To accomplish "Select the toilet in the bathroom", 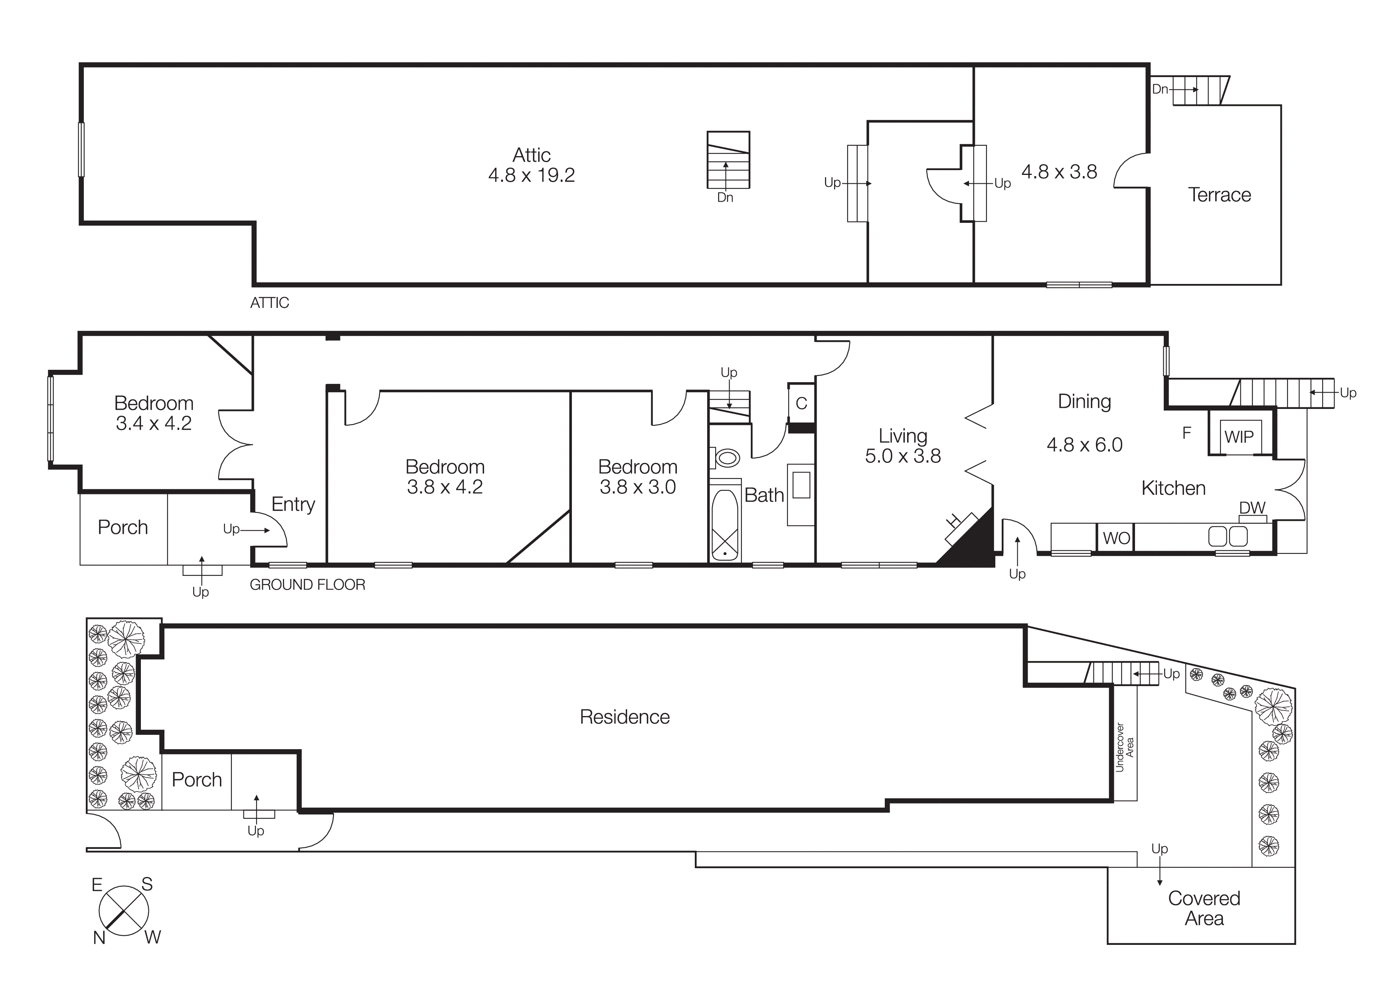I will [x=726, y=458].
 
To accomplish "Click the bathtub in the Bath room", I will [x=725, y=525].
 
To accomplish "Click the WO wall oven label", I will [x=1116, y=538].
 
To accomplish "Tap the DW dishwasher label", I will [x=1252, y=508].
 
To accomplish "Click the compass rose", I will [x=124, y=911].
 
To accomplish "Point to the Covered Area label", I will [x=1204, y=908].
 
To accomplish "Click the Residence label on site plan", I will [x=625, y=717].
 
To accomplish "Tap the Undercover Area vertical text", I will [x=1124, y=747].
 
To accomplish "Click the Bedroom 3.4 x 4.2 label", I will [x=154, y=413].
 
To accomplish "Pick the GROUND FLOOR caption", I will [x=307, y=584].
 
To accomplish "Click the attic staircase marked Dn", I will [x=728, y=160].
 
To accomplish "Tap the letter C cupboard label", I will [x=801, y=403].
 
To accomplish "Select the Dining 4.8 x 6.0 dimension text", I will [x=1084, y=444].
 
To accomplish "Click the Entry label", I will [x=293, y=504].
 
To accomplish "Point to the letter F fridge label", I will [x=1186, y=433].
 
